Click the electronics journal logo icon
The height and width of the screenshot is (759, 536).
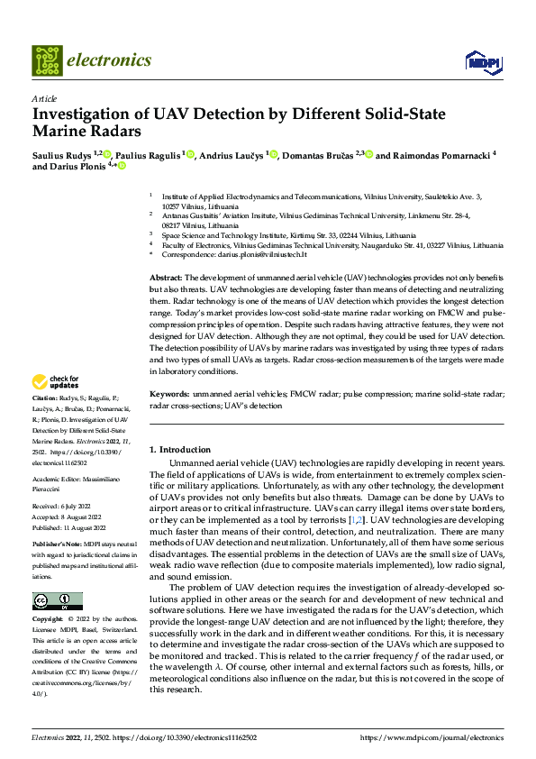pos(47,60)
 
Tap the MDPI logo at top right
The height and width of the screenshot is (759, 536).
pos(479,61)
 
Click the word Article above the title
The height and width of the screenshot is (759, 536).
pos(43,98)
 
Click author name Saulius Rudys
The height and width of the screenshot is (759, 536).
pos(59,155)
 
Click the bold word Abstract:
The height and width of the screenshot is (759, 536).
pos(166,278)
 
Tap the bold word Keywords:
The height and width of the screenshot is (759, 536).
pos(169,419)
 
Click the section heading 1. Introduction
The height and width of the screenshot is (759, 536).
pos(180,449)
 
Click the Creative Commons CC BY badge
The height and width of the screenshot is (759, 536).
pos(57,601)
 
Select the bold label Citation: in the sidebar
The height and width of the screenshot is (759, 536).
pos(46,422)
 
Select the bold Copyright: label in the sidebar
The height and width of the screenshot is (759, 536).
pos(49,620)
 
